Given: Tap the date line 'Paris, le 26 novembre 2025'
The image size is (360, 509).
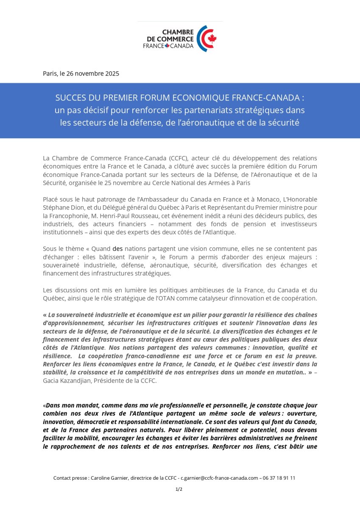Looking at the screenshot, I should pos(81,73).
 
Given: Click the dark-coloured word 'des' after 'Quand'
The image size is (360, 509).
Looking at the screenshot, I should pos(117,249).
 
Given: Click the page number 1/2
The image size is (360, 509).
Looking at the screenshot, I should pos(179,489).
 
